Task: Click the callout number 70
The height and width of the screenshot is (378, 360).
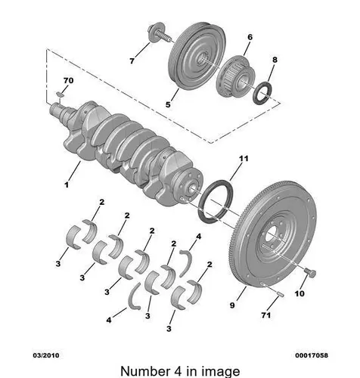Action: point(68,81)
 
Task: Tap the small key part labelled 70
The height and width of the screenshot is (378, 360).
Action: point(60,94)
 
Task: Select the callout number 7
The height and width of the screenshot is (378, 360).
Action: point(132,61)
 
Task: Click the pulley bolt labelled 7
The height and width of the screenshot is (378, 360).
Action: point(158,33)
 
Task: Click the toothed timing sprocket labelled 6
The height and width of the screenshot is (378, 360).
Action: point(236,76)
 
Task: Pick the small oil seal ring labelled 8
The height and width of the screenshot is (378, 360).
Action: point(262,93)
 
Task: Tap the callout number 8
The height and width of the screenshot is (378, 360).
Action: point(275,60)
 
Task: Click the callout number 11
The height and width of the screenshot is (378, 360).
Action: point(244,159)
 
